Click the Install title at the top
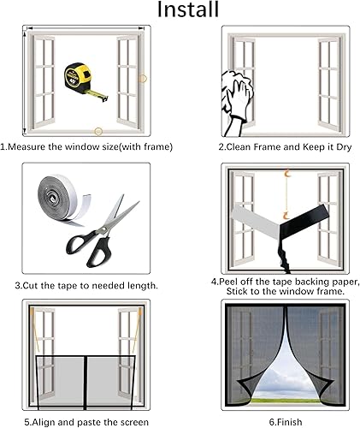pos(188,9)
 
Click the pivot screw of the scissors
pos(103,229)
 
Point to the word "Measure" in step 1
pos(27,147)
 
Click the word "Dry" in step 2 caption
pos(344,147)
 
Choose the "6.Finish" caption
pos(286,422)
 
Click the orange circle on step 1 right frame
pos(142,79)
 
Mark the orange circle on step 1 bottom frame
pos(98,132)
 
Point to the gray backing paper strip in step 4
pos(255,222)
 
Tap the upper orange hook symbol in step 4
pos(287,174)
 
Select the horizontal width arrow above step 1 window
pos(86,28)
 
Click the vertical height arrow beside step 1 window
pos(25,82)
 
